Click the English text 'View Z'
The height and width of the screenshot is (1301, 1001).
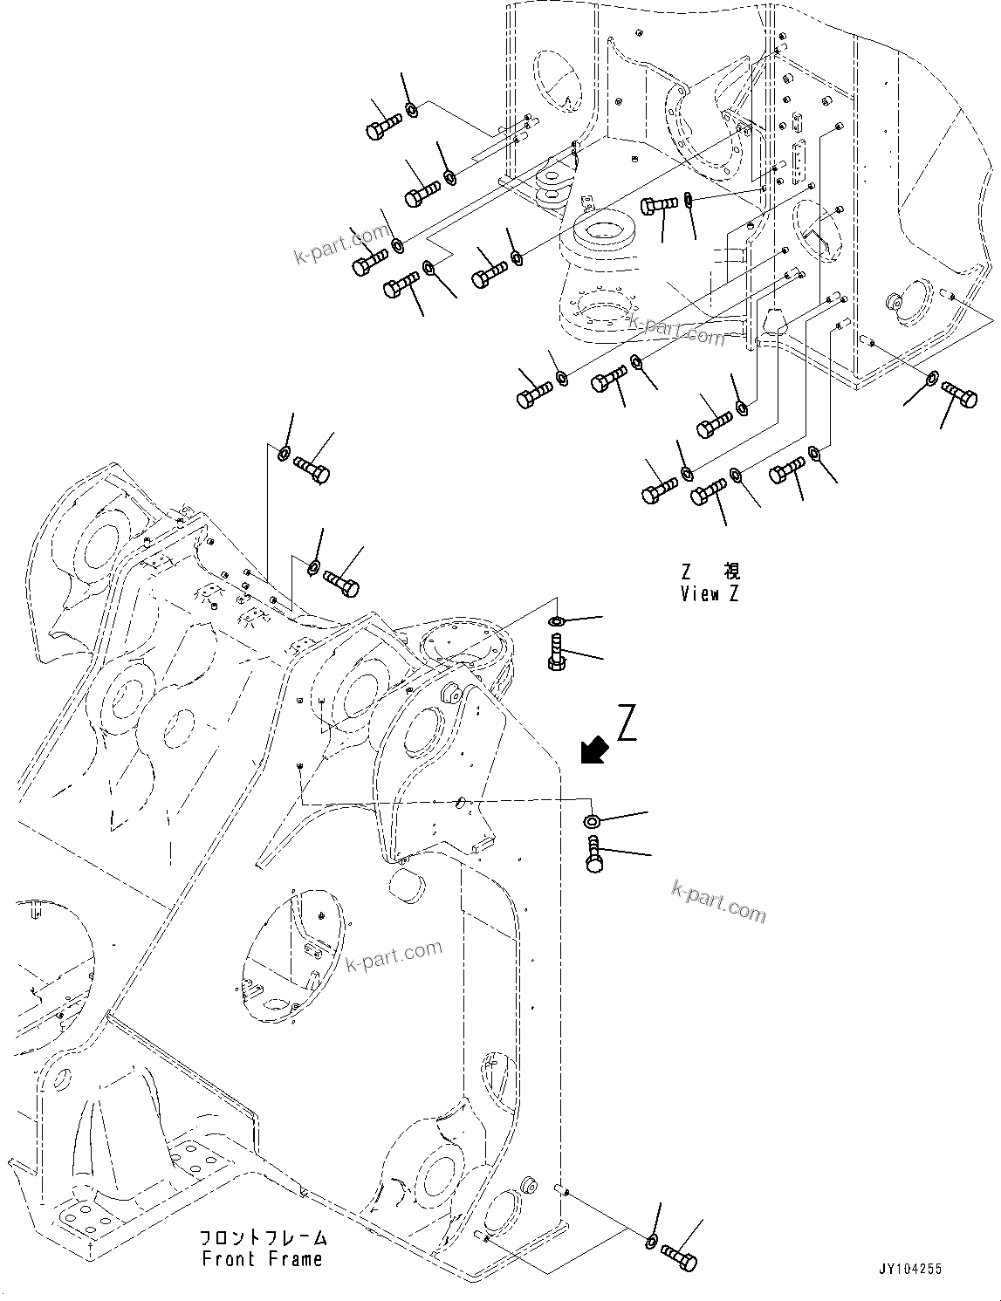coord(710,594)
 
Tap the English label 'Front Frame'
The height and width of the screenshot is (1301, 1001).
coord(262,1259)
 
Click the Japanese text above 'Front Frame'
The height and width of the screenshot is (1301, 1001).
coord(263,1238)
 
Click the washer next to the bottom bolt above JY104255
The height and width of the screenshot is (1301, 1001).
coord(653,1241)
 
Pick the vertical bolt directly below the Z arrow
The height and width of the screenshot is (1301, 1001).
coord(594,852)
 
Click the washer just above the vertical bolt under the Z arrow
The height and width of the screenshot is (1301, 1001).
coord(592,820)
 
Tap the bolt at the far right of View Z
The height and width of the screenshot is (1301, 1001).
coord(958,397)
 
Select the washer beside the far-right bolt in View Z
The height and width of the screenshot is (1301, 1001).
coord(931,379)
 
